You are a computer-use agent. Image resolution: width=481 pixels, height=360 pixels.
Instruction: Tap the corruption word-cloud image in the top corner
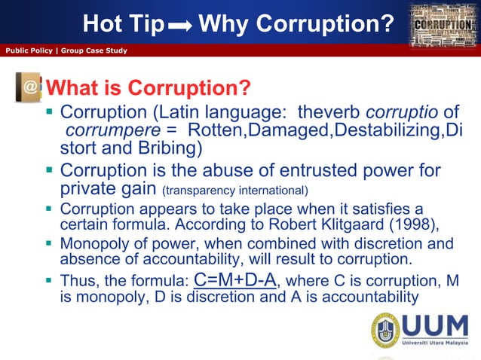(445, 27)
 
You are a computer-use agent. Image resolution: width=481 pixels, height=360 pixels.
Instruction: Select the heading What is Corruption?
(149, 89)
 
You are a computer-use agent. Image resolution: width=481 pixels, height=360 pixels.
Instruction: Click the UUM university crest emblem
(384, 331)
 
